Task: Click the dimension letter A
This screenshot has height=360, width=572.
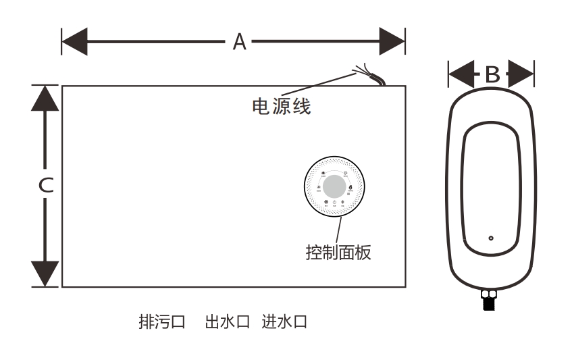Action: (239, 42)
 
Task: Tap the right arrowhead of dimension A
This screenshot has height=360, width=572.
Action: (391, 42)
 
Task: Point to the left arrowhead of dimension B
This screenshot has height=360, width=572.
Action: (459, 74)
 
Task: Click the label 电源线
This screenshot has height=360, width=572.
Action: (282, 106)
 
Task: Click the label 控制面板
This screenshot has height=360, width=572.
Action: (338, 253)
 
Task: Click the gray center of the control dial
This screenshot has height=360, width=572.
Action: (335, 187)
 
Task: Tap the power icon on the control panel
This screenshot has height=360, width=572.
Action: (335, 203)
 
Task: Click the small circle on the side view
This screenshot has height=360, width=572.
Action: (491, 238)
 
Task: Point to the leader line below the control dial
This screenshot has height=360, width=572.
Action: (338, 230)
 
